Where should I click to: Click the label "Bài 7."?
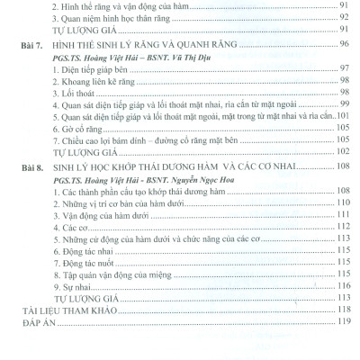tap(34, 43)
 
